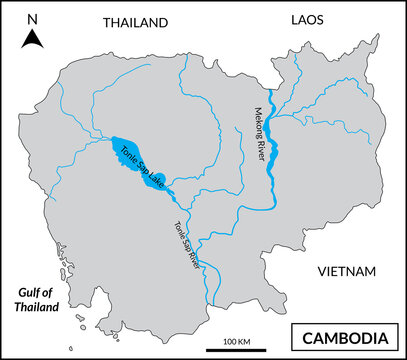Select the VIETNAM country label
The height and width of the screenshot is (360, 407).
345,272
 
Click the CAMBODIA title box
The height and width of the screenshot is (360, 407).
345,336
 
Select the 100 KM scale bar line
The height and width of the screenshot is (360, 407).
236,350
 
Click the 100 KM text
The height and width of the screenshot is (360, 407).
236,341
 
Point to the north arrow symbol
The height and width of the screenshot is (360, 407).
33,39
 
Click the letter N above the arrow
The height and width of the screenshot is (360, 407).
33,19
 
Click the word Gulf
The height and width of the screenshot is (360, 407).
32,292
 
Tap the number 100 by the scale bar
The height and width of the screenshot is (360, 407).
228,341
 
